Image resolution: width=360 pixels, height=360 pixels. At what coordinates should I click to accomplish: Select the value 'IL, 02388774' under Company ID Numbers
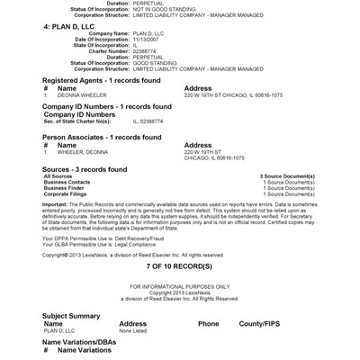pos(148,121)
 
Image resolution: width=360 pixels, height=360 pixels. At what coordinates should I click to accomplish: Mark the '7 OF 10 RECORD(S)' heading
pos(179,268)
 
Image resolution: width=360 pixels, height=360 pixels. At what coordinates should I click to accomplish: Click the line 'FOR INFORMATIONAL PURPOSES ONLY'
pos(179,287)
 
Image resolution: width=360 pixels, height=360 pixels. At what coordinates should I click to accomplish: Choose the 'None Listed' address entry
pos(133,331)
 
